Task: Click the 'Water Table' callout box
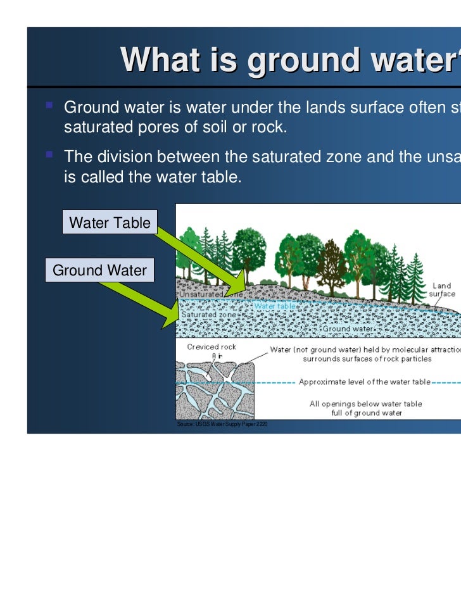pos(110,223)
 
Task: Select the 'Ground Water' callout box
pos(99,271)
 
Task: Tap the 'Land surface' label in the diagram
pos(441,290)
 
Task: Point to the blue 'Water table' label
pos(275,306)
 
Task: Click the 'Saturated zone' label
pos(209,315)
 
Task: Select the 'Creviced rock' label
pos(212,347)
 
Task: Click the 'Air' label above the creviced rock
pos(216,356)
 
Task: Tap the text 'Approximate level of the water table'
pos(364,382)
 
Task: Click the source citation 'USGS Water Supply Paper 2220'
pos(222,424)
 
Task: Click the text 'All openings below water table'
pos(365,404)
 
